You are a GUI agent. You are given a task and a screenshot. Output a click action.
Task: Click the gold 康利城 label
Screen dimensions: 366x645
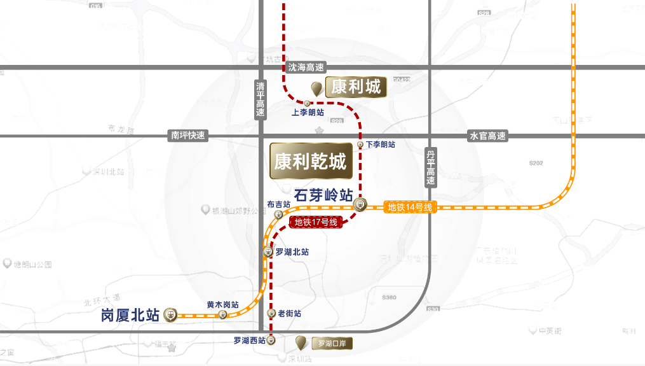click(x=356, y=87)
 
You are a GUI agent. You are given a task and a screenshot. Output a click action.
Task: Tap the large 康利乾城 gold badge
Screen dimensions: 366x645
click(x=310, y=162)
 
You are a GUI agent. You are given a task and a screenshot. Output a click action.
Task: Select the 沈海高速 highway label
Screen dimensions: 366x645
click(x=306, y=67)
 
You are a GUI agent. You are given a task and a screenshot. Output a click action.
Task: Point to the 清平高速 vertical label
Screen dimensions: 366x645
click(x=261, y=99)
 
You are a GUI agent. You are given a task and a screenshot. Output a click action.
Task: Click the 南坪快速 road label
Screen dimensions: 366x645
click(x=188, y=136)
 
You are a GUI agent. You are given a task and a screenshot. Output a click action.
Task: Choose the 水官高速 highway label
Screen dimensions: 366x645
click(x=487, y=136)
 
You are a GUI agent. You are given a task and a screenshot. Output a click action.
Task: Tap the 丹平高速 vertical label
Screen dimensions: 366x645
click(x=431, y=167)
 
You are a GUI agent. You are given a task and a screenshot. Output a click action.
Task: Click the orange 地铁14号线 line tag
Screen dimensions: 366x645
click(x=411, y=207)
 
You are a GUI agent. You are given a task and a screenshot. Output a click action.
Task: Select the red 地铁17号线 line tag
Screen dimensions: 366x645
click(x=316, y=222)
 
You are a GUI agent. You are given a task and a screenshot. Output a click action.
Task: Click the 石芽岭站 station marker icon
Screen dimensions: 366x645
click(x=360, y=204)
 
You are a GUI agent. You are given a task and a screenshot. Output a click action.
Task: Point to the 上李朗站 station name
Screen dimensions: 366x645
click(x=308, y=112)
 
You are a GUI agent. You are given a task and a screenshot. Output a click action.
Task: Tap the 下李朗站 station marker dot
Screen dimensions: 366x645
click(x=360, y=144)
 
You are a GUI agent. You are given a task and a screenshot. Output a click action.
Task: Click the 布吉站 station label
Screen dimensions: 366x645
click(x=279, y=204)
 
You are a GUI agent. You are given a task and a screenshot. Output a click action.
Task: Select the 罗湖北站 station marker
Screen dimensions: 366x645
click(x=268, y=252)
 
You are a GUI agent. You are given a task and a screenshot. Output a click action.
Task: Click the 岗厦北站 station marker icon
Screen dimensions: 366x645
click(x=170, y=314)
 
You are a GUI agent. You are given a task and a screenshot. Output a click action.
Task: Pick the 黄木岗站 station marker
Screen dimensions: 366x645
click(x=222, y=315)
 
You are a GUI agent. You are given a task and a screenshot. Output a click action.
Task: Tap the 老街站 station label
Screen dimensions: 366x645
click(x=289, y=314)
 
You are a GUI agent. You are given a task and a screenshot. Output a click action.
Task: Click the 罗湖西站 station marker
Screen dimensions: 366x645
click(x=271, y=341)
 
